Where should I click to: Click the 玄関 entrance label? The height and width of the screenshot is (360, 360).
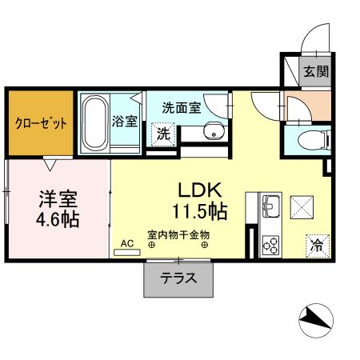click(x=315, y=70)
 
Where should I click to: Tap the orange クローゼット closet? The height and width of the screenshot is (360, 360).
click(x=41, y=123)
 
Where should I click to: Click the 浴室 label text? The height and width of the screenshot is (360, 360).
click(x=125, y=122)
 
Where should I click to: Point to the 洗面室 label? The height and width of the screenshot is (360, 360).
click(x=182, y=107)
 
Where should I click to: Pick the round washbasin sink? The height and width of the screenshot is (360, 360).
click(x=213, y=132)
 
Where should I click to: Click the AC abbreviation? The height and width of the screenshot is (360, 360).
click(x=126, y=242)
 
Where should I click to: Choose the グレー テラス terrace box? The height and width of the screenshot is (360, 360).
click(x=178, y=279)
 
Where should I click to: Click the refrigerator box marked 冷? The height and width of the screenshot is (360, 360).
click(x=317, y=244)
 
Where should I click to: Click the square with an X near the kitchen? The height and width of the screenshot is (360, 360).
click(x=303, y=206)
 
